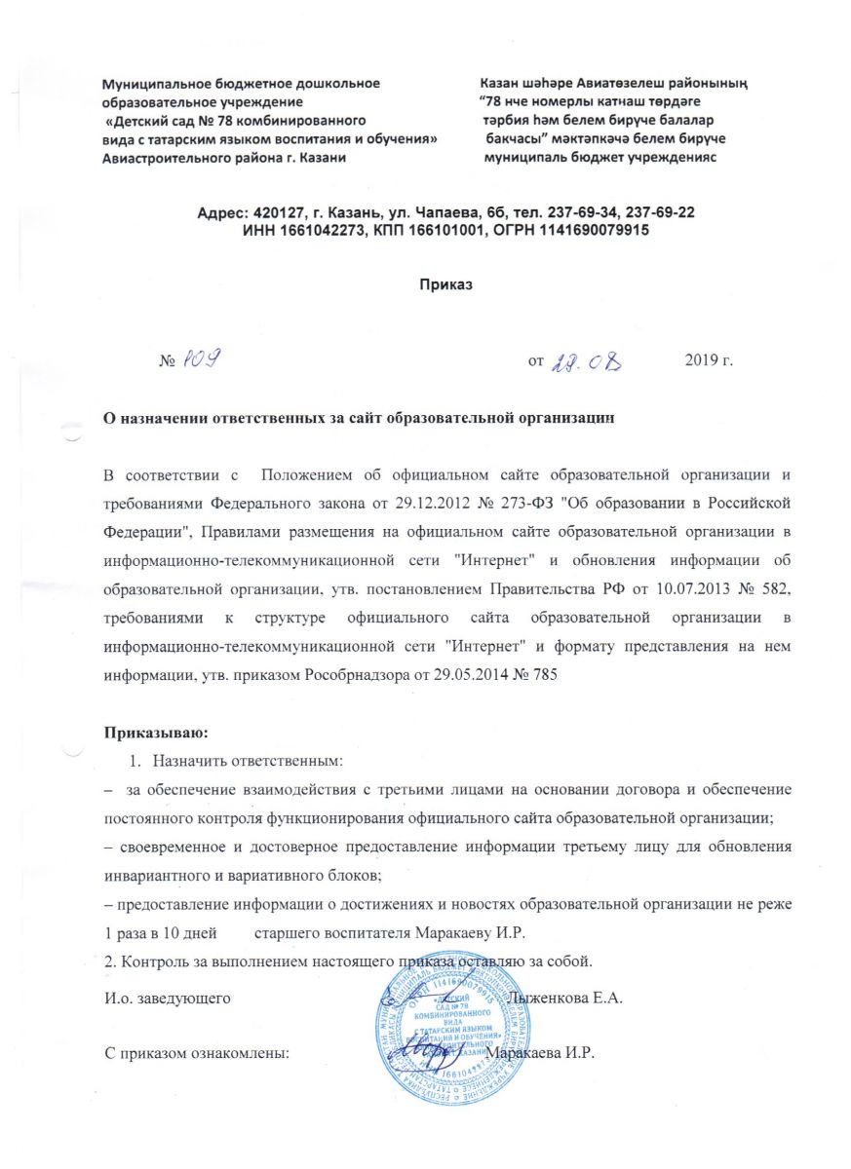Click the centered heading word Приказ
click(x=445, y=285)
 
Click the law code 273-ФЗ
click(x=562, y=503)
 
